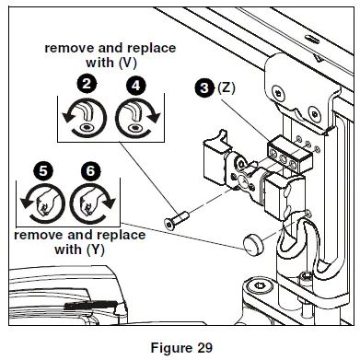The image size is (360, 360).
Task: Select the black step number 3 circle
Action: coord(203,89)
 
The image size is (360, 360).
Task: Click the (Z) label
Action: coord(226,89)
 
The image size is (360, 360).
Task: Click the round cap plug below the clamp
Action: coord(253,244)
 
